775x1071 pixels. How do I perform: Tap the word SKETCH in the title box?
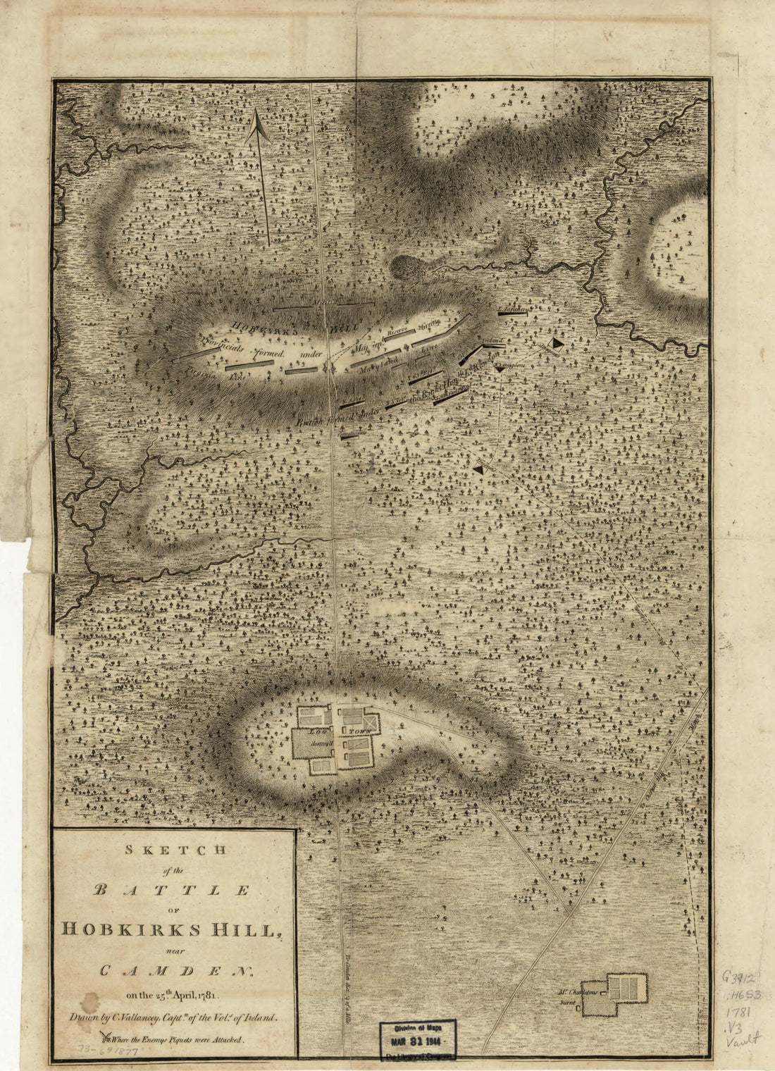173,850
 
